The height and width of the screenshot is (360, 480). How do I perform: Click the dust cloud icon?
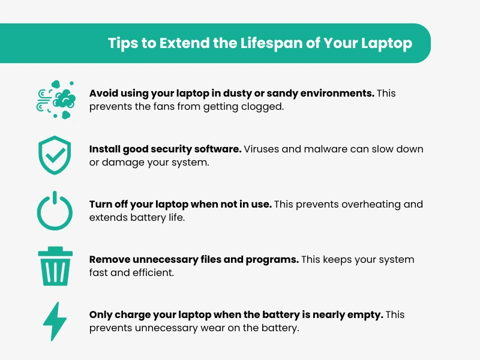(56, 100)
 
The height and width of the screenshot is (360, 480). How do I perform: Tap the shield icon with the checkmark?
(55, 155)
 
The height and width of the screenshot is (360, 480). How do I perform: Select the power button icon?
(55, 211)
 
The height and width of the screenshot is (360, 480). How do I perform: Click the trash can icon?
(55, 266)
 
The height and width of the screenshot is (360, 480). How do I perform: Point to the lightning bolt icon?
(55, 322)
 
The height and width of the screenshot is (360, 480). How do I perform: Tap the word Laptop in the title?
(386, 43)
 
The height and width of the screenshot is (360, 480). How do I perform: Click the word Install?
(104, 149)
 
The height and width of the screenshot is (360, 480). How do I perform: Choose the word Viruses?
(262, 149)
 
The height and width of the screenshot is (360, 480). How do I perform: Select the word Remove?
(110, 260)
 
